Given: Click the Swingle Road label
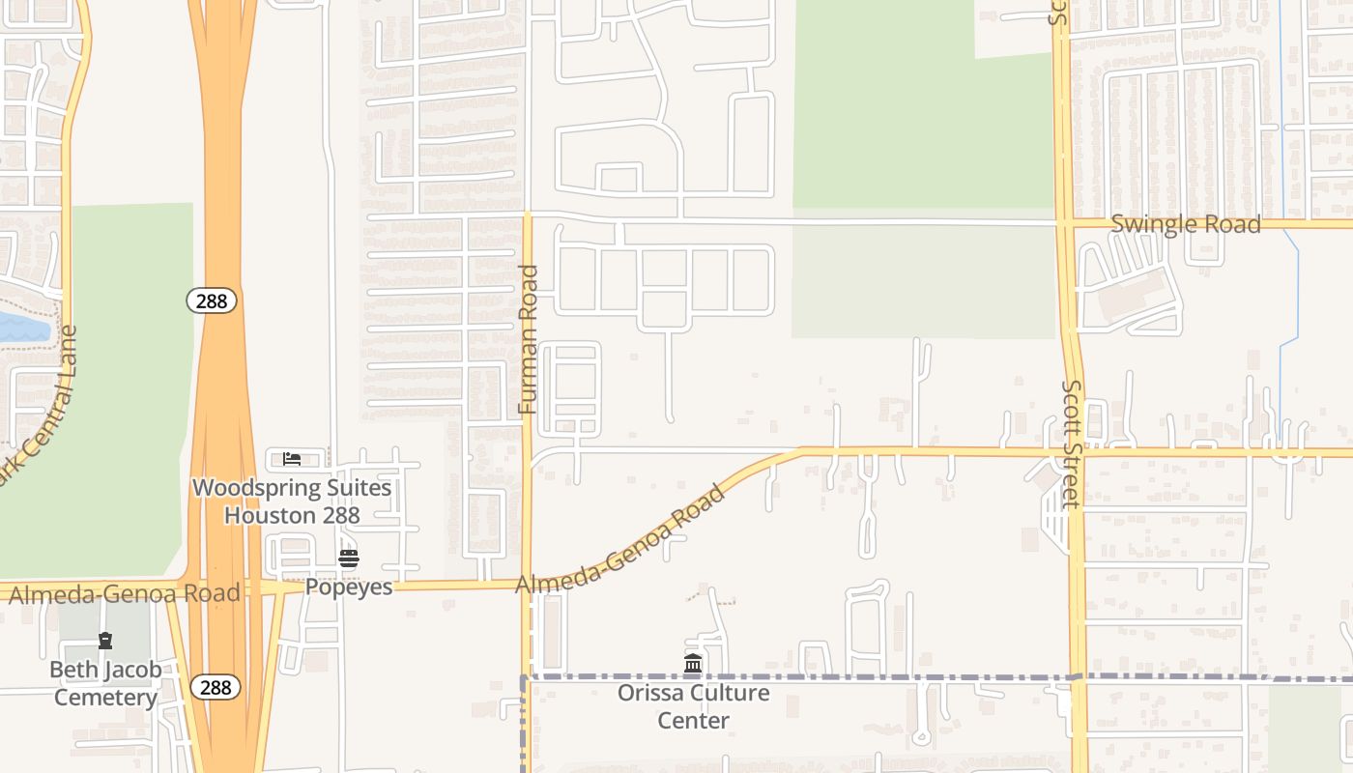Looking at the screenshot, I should [x=1186, y=224].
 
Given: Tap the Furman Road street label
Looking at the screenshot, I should [x=528, y=339].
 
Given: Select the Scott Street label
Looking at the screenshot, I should [x=1071, y=444].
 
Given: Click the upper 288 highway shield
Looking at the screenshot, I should [x=211, y=301].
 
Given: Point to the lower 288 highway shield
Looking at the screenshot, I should [x=215, y=687].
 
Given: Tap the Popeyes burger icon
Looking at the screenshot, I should [x=349, y=558].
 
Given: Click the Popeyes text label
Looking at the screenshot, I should [x=349, y=587].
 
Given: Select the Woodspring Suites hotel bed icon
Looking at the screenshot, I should [x=292, y=458].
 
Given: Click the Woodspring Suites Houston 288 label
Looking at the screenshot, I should [x=292, y=501].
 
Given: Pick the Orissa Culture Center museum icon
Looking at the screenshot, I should [x=693, y=664].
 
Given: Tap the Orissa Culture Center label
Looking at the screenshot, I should [x=693, y=706].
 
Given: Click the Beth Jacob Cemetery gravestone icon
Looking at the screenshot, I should [x=105, y=640].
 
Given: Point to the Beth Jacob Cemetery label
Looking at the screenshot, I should [x=105, y=683].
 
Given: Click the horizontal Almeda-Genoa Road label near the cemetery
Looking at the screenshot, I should [x=124, y=593].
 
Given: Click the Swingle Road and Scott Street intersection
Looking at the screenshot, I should [x=1064, y=223].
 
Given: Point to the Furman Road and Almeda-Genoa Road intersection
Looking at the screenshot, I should [x=528, y=584].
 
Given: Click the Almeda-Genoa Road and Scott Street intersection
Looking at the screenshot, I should [x=1073, y=451].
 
